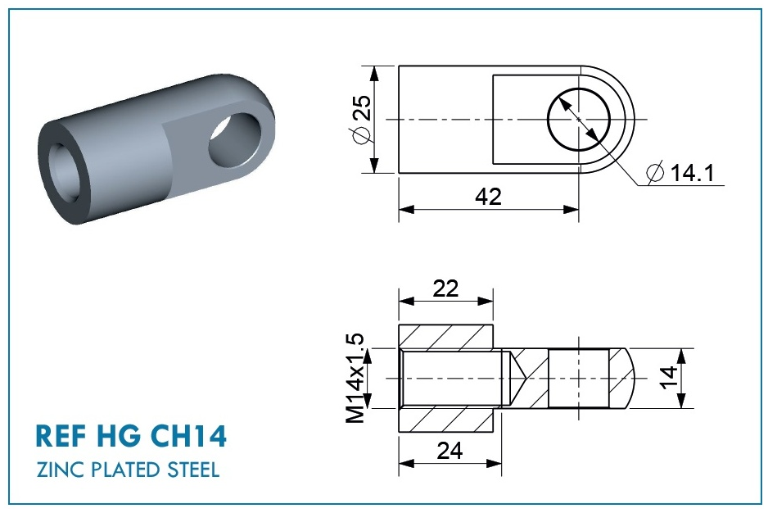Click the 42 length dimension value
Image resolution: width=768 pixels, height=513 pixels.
(x=488, y=197)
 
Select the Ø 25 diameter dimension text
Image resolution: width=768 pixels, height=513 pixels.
(x=362, y=120)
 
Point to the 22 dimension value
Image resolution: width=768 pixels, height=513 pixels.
(x=445, y=288)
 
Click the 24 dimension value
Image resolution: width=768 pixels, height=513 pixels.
(x=450, y=451)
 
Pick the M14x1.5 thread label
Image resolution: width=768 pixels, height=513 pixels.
(x=355, y=378)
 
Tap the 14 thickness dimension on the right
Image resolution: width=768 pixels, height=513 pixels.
(x=669, y=377)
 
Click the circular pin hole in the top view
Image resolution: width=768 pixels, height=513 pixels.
(x=578, y=119)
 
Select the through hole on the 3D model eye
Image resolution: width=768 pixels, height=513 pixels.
(x=233, y=141)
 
